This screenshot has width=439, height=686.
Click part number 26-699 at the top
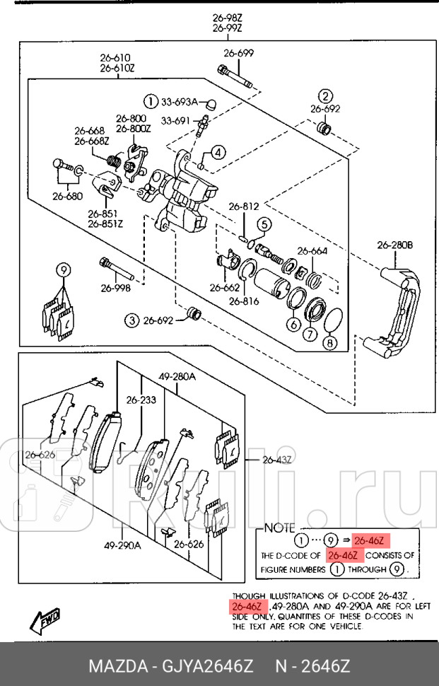pyautogui.click(x=238, y=53)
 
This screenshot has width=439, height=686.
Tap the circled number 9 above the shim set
pyautogui.click(x=63, y=269)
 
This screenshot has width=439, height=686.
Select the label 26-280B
pyautogui.click(x=394, y=245)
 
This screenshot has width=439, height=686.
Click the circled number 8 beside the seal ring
pyautogui.click(x=329, y=343)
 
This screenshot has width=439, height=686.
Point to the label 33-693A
pyautogui.click(x=179, y=100)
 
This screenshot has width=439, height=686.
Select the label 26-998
pyautogui.click(x=115, y=288)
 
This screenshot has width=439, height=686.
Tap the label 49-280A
pyautogui.click(x=177, y=376)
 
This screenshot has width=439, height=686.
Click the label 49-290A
pyautogui.click(x=122, y=545)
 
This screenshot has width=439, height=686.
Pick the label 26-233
pyautogui.click(x=141, y=400)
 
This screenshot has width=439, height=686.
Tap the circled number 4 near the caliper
pyautogui.click(x=218, y=152)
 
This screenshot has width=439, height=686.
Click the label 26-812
pyautogui.click(x=244, y=207)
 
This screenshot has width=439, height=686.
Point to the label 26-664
pyautogui.click(x=312, y=251)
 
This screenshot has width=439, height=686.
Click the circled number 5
pyautogui.click(x=263, y=225)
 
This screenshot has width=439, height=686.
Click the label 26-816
pyautogui.click(x=243, y=301)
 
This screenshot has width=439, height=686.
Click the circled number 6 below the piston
pyautogui.click(x=293, y=325)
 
